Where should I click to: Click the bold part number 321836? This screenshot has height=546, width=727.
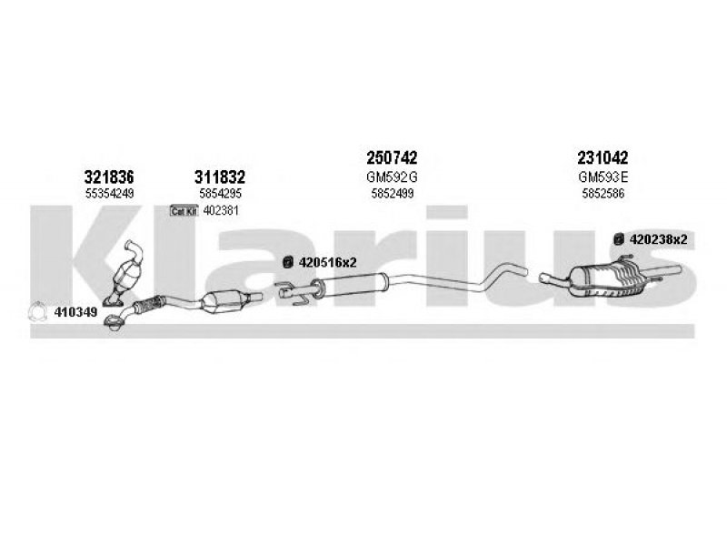[x=109, y=177]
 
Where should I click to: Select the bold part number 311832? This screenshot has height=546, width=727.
[x=219, y=177]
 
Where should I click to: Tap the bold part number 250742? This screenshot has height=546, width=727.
[x=392, y=157]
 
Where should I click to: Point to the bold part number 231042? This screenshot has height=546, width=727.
[x=603, y=157]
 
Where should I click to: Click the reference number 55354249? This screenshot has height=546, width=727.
[x=109, y=194]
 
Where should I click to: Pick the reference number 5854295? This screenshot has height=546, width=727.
[x=220, y=194]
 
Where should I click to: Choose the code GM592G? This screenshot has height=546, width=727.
[x=392, y=177]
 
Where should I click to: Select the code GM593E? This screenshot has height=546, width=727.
[x=603, y=177]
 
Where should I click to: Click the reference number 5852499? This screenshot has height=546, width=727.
[x=393, y=194]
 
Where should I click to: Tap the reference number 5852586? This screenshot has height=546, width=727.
[x=603, y=194]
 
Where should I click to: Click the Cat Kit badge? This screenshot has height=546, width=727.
[x=184, y=211]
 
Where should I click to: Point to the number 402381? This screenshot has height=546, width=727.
[x=221, y=211]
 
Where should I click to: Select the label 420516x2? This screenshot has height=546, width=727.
[x=328, y=263]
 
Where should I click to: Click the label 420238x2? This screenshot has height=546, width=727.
[x=658, y=239]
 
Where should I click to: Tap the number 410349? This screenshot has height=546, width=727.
[x=76, y=312]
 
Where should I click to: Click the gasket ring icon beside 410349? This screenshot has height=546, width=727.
[x=37, y=311]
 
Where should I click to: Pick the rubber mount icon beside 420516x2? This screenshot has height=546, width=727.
[x=288, y=262]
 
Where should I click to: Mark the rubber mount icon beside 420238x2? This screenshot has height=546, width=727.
[x=618, y=239]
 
